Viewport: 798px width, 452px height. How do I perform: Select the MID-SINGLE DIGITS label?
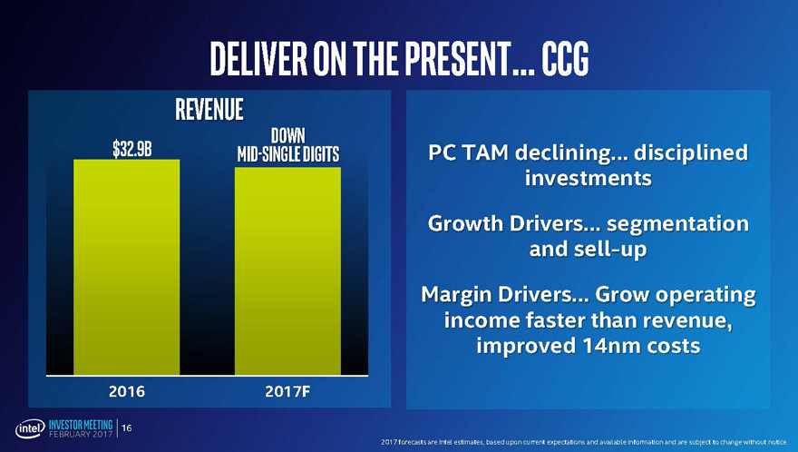tap(287, 154)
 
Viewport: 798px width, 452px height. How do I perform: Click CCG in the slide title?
tap(566, 59)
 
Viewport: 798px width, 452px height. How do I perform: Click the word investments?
tap(588, 178)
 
